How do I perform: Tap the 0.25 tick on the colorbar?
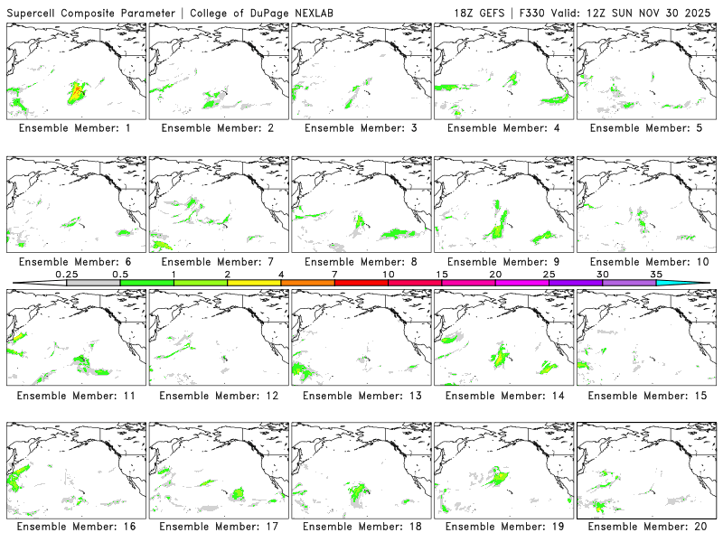click(x=66, y=274)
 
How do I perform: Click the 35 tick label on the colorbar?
click(x=656, y=274)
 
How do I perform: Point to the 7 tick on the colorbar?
click(x=334, y=274)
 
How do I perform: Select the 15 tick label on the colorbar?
click(x=442, y=274)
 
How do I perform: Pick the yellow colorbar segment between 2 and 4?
click(x=254, y=283)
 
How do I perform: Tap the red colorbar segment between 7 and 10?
click(x=361, y=283)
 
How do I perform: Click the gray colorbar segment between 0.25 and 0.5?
click(x=93, y=283)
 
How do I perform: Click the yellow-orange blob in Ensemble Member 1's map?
click(x=78, y=91)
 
